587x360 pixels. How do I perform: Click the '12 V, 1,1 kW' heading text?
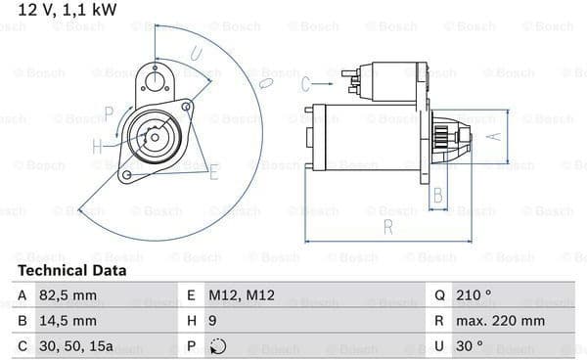pos(68,10)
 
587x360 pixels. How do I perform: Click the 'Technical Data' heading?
pos(71,270)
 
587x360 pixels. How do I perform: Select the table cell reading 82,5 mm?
pos(68,295)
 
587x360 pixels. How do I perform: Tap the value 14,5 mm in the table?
pos(68,321)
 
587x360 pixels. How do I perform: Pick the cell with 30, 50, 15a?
pos(76,346)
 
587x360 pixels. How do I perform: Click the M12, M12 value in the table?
pos(242,295)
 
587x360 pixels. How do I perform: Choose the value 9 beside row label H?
pos(212,321)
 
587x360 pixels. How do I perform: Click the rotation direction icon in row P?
pos(217,346)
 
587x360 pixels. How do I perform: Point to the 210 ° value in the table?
pos(474,295)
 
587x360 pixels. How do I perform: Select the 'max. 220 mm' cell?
pos(500,321)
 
